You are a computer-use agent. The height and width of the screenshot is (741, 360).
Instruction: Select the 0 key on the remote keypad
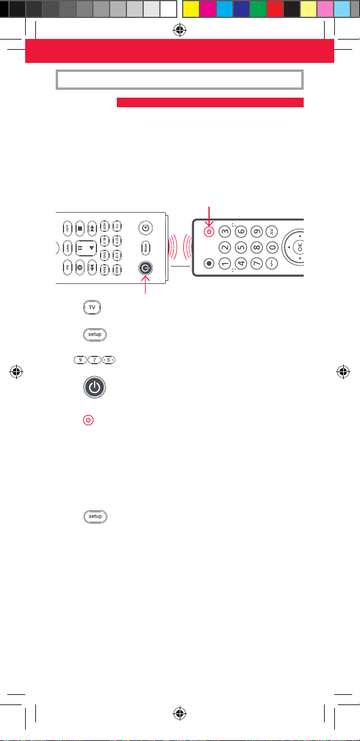[272, 246]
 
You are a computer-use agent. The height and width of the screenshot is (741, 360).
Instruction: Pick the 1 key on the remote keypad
[224, 262]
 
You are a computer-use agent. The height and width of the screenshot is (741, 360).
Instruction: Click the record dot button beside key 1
[208, 262]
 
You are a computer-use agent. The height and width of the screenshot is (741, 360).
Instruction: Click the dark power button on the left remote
[145, 270]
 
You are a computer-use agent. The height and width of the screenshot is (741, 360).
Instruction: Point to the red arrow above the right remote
[208, 213]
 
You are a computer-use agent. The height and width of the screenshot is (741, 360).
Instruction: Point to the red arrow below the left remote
[145, 288]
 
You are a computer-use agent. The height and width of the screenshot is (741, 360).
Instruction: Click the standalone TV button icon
[92, 307]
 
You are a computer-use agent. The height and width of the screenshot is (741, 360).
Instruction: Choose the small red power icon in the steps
[88, 421]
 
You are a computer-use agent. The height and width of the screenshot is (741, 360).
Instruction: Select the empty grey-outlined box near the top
[180, 80]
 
